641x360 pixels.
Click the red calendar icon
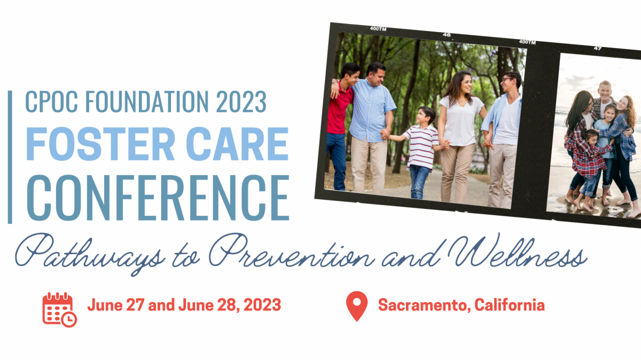(x=59, y=310)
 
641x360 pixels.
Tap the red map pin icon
(x=357, y=306)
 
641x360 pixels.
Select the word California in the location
(x=510, y=305)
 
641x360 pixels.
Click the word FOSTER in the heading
(x=100, y=144)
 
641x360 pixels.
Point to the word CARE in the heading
(x=237, y=144)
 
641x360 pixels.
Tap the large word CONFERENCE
(x=158, y=198)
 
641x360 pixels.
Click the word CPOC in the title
(x=51, y=101)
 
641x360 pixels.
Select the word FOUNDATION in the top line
(x=147, y=101)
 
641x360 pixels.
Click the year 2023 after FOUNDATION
(x=241, y=101)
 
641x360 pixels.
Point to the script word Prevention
(x=291, y=251)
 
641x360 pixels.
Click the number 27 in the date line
(x=135, y=305)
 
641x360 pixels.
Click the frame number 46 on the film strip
(x=447, y=35)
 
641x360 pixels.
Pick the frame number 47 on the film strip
(x=597, y=49)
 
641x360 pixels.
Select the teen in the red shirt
(x=342, y=126)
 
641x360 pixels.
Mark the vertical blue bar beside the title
(x=10, y=157)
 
